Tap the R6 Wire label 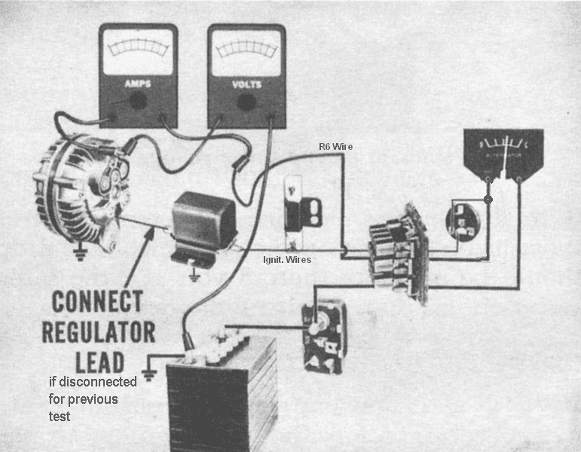335,145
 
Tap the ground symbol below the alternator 78,256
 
